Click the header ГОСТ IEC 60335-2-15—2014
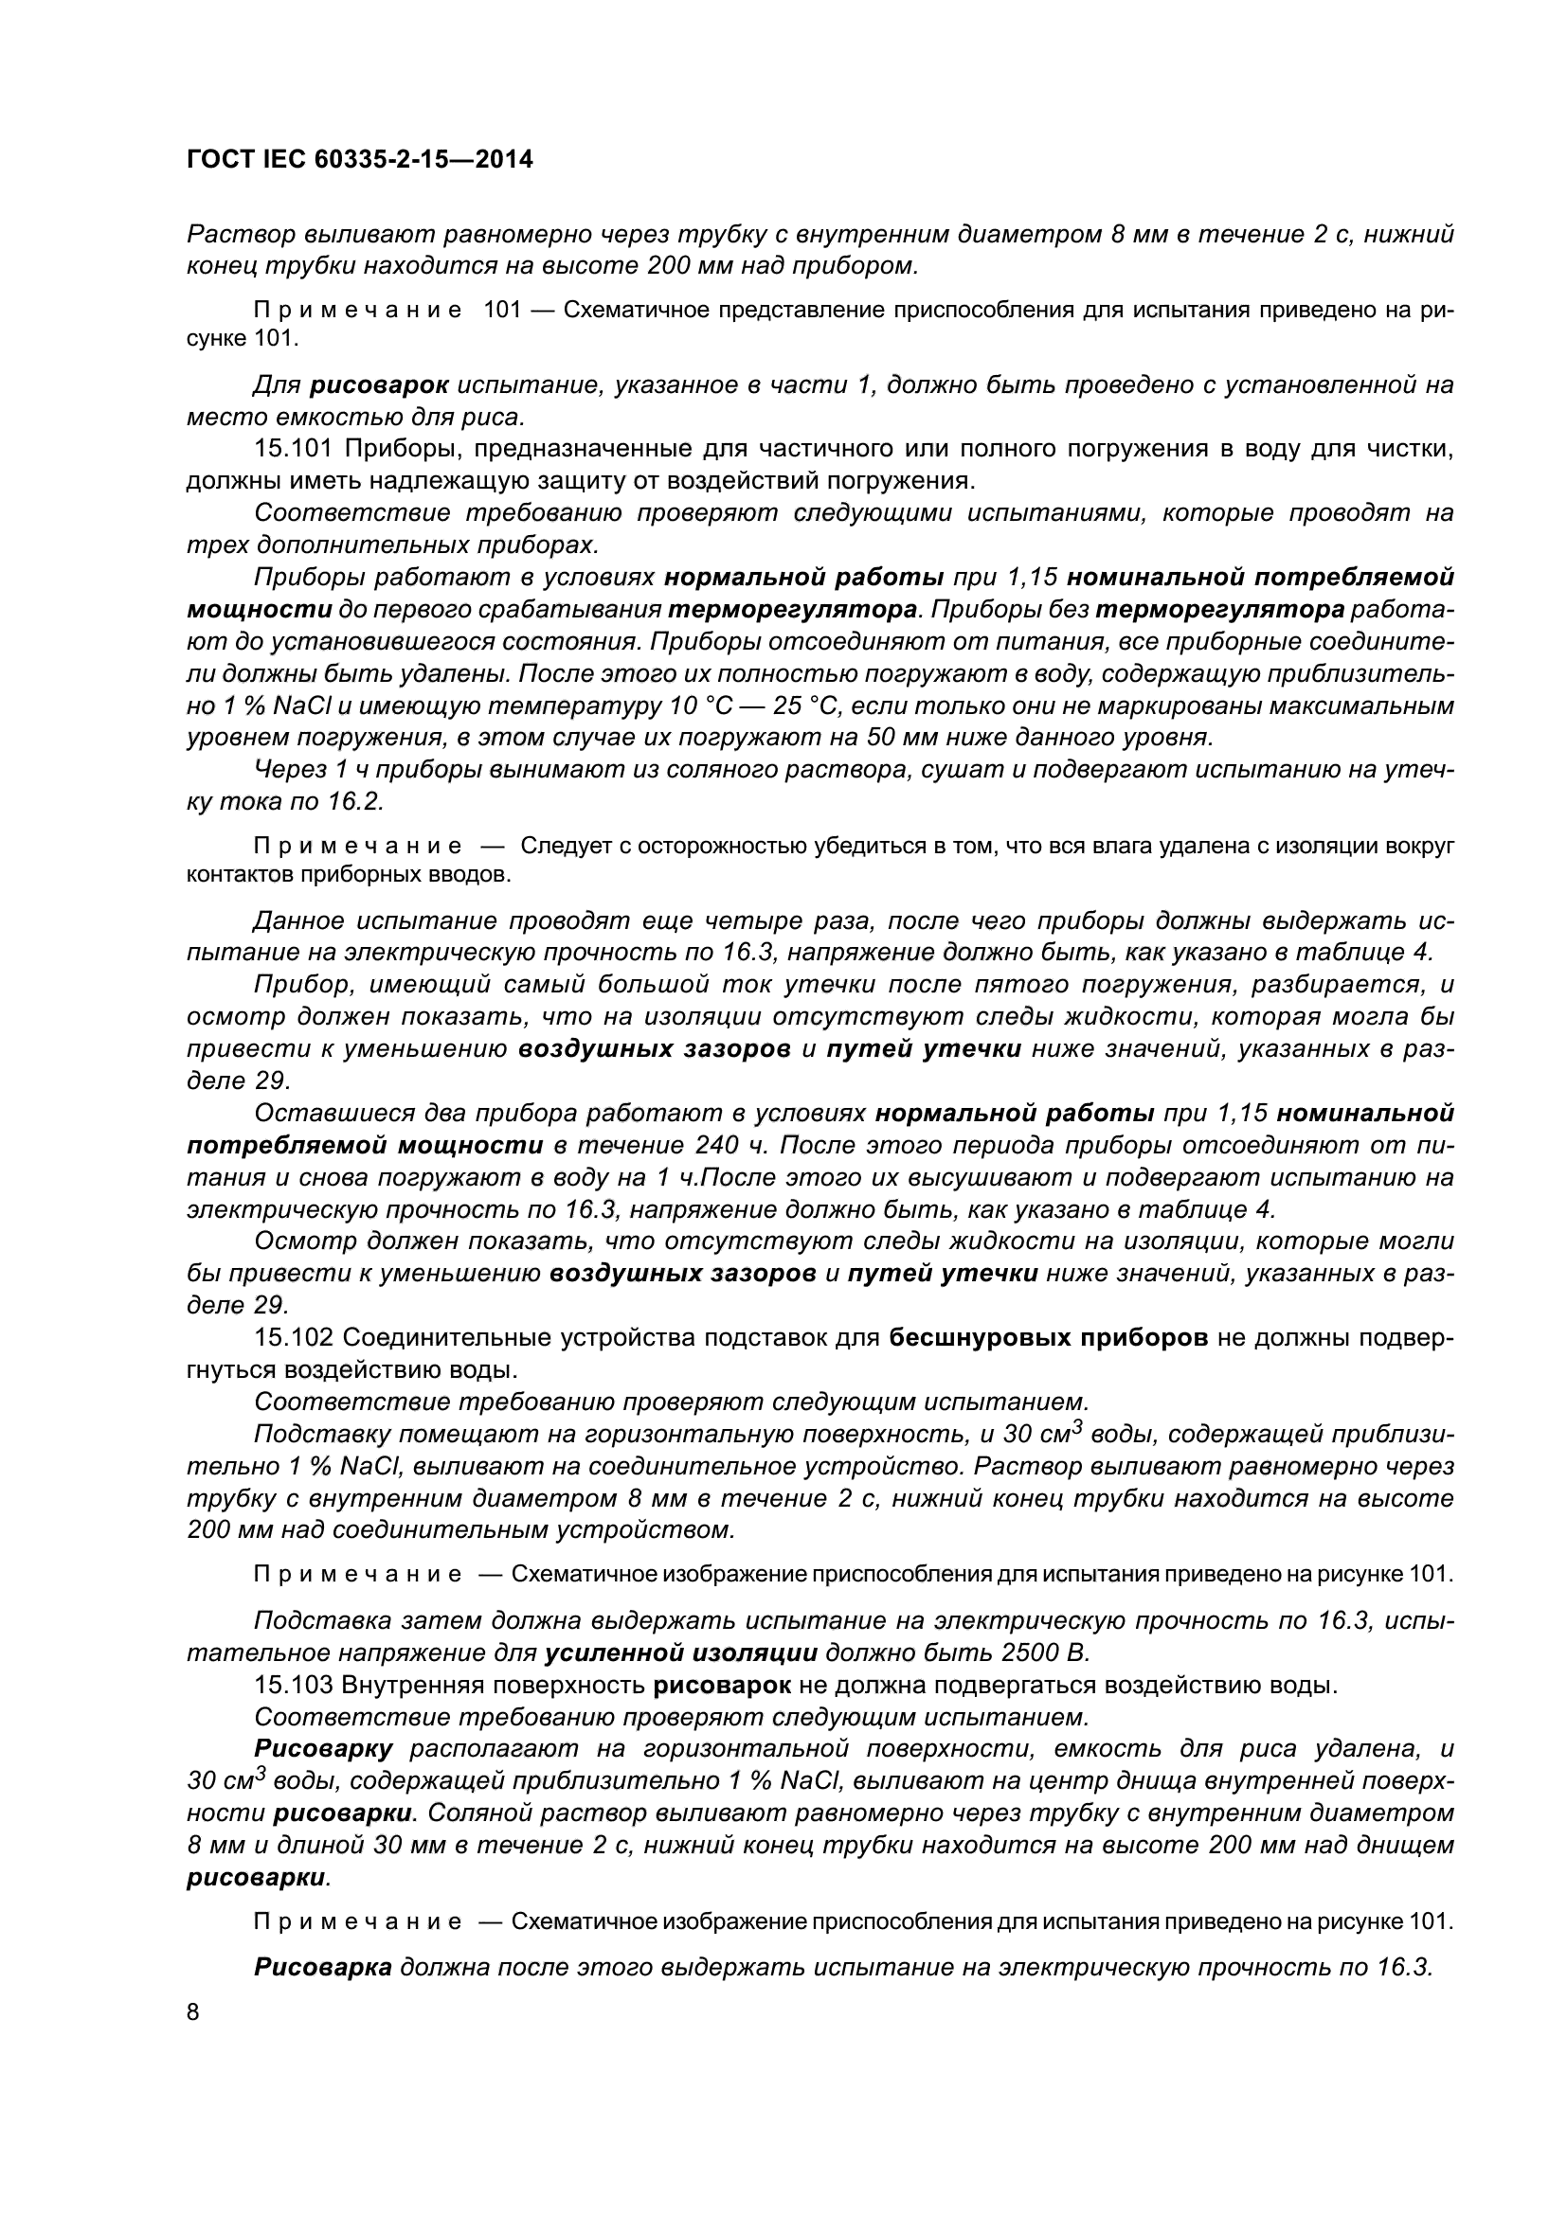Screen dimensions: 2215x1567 (x=359, y=159)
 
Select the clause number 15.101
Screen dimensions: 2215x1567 (x=294, y=449)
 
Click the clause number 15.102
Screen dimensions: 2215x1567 (x=294, y=1337)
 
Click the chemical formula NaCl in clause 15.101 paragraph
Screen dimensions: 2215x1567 (x=303, y=706)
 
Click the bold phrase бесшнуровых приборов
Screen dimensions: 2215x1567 (x=1048, y=1337)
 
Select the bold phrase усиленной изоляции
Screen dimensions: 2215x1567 (x=681, y=1652)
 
